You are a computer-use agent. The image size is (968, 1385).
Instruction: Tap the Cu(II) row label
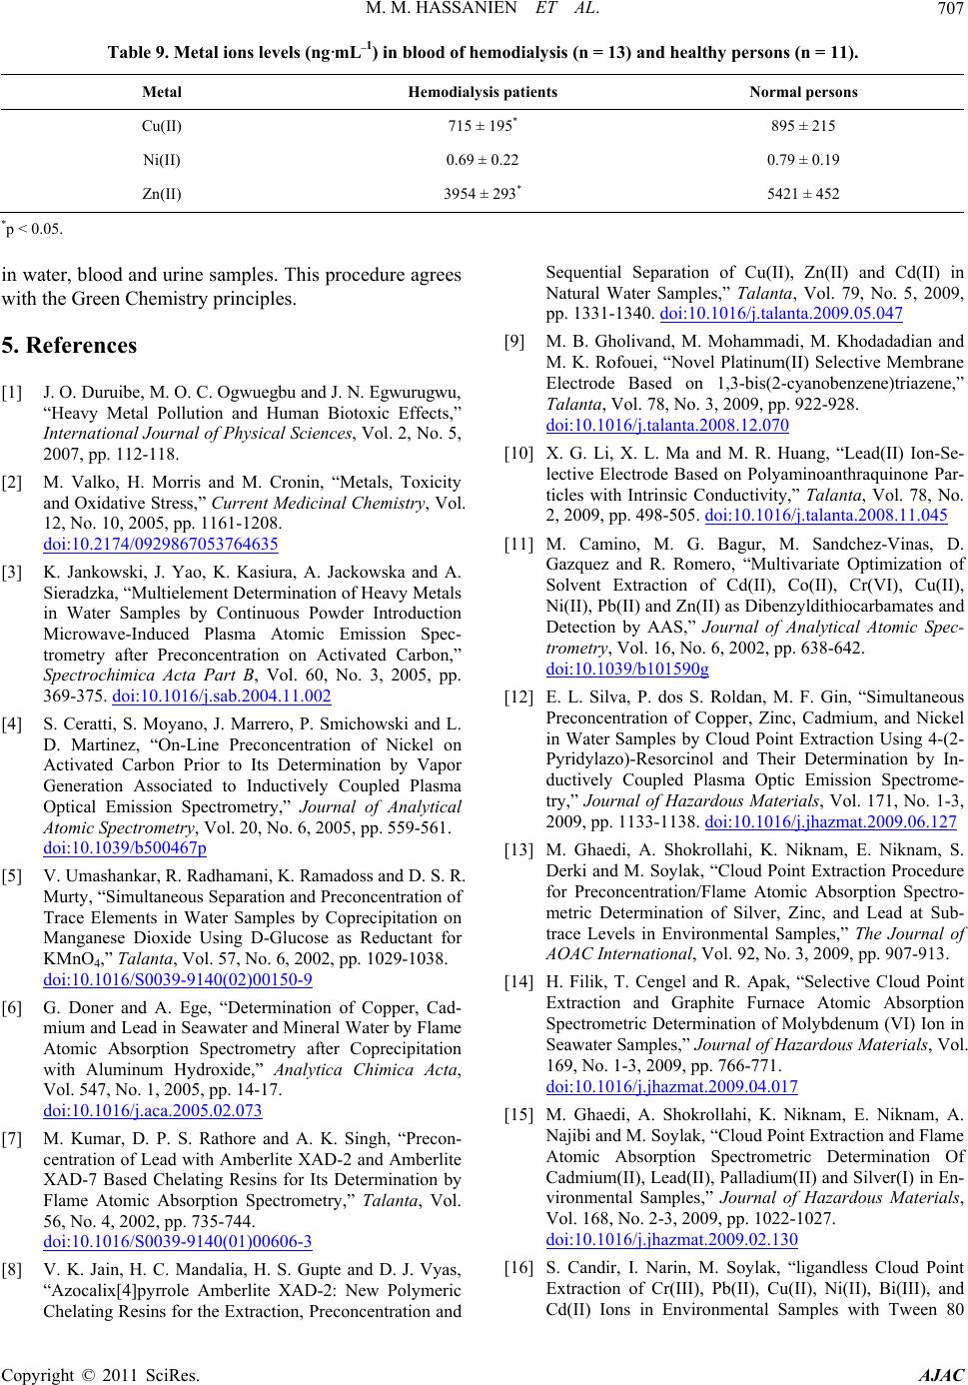click(x=162, y=126)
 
